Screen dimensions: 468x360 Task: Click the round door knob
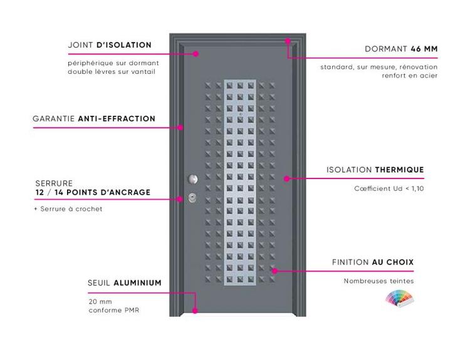pyautogui.click(x=193, y=179)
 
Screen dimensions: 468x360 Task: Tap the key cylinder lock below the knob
pyautogui.click(x=192, y=197)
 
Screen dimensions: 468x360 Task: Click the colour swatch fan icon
pyautogui.click(x=399, y=297)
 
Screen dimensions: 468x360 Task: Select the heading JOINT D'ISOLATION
pyautogui.click(x=110, y=45)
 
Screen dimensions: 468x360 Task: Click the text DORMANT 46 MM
pyautogui.click(x=401, y=49)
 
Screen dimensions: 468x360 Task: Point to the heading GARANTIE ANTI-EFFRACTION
pyautogui.click(x=94, y=119)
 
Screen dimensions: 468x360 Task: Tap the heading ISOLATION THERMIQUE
pyautogui.click(x=375, y=170)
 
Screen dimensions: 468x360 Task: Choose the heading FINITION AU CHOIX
pyautogui.click(x=373, y=262)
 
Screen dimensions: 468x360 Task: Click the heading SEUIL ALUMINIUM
pyautogui.click(x=125, y=283)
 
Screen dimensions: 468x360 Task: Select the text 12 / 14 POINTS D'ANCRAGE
pyautogui.click(x=93, y=192)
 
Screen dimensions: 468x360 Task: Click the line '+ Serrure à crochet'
pyautogui.click(x=68, y=208)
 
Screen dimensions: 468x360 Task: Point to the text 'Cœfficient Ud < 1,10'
pyautogui.click(x=389, y=188)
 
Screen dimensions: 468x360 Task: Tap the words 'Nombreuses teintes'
pyautogui.click(x=379, y=281)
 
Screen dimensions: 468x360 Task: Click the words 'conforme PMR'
pyautogui.click(x=114, y=310)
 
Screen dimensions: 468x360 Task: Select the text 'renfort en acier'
pyautogui.click(x=410, y=76)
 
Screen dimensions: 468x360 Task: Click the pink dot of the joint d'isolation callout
pyautogui.click(x=196, y=54)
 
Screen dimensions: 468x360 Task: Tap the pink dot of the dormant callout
pyautogui.click(x=288, y=41)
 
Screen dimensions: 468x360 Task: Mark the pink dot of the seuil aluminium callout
pyautogui.click(x=195, y=311)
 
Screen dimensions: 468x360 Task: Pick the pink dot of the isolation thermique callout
pyautogui.click(x=287, y=178)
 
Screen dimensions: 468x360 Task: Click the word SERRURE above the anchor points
pyautogui.click(x=54, y=183)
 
